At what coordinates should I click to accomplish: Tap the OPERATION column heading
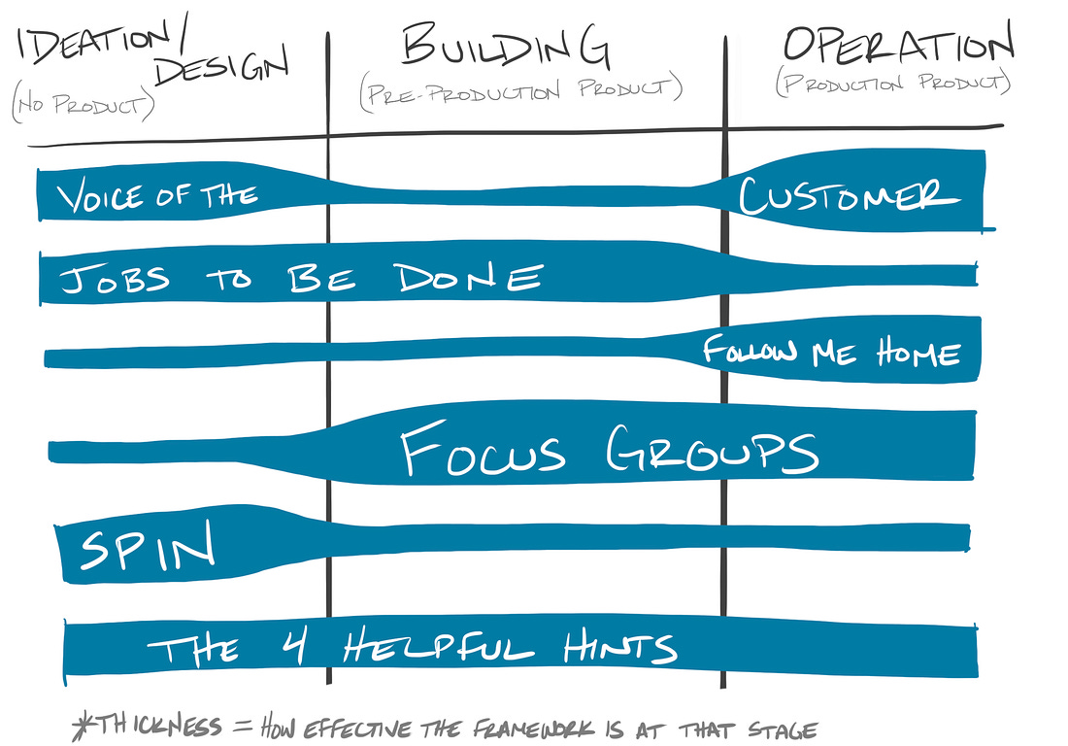point(898,45)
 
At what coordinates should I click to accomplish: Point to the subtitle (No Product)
point(83,104)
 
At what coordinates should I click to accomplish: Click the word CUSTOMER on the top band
point(849,195)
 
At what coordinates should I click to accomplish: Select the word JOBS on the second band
point(115,280)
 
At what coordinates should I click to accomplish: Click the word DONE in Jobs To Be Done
point(469,277)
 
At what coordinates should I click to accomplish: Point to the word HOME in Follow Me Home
point(918,353)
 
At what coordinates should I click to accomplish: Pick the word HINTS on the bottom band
point(619,646)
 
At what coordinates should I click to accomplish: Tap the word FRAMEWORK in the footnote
point(533,729)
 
